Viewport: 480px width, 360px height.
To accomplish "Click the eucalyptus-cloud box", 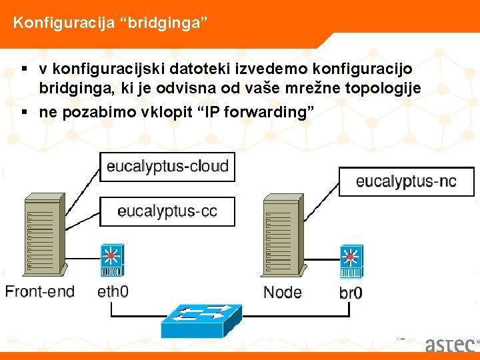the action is [x=167, y=166].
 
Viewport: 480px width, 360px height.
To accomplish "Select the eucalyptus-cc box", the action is [x=167, y=211].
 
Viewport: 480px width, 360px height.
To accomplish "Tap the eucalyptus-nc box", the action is [x=406, y=181].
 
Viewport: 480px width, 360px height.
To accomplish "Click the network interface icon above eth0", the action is [x=111, y=260].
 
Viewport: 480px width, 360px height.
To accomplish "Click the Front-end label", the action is [x=40, y=291].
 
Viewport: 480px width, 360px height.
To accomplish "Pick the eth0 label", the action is [x=113, y=291].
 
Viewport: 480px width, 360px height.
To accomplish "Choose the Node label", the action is [x=283, y=292].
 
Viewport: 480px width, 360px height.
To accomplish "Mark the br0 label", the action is [x=351, y=293].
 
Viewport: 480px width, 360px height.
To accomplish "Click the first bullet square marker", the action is [x=24, y=69].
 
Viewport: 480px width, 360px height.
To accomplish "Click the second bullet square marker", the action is [x=24, y=112].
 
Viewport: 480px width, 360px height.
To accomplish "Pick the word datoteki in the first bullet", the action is [x=199, y=69].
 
